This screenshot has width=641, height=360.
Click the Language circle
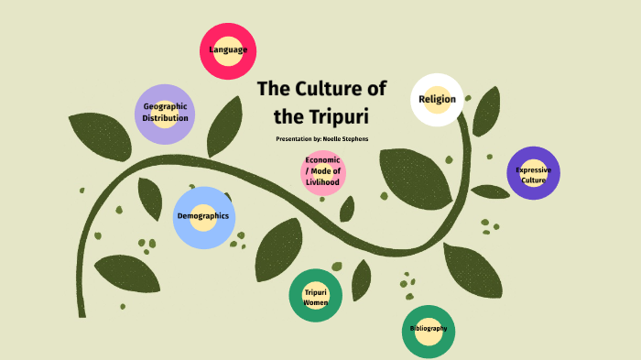click(x=228, y=50)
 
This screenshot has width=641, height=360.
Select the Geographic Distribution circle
click(x=165, y=114)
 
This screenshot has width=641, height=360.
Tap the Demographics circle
click(x=203, y=217)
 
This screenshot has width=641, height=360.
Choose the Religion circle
click(x=437, y=100)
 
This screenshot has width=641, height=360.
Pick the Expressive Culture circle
click(x=533, y=173)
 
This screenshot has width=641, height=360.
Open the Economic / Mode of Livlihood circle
click(x=323, y=171)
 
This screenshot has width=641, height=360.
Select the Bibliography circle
click(x=429, y=330)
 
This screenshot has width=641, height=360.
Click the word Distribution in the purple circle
click(x=166, y=118)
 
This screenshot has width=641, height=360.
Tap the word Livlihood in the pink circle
click(x=323, y=181)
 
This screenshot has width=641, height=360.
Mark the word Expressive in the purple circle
click(x=533, y=169)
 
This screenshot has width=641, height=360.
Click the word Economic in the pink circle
click(x=323, y=160)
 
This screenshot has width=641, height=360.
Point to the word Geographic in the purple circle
click(x=166, y=106)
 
